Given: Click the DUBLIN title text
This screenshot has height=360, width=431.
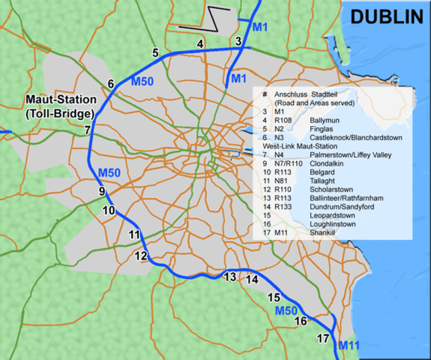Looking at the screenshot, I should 382,16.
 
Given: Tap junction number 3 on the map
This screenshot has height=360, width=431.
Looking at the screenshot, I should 238,41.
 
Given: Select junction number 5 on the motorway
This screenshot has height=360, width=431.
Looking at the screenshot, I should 155,52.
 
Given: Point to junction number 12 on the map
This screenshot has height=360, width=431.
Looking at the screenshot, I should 141,256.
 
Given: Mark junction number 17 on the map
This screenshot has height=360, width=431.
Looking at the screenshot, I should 324,339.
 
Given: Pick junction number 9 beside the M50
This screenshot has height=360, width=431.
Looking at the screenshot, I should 102,192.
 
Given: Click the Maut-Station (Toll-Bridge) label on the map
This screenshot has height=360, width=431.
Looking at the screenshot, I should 58,106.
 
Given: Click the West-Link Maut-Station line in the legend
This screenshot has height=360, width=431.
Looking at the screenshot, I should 305,146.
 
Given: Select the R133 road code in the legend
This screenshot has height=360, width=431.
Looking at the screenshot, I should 284,207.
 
